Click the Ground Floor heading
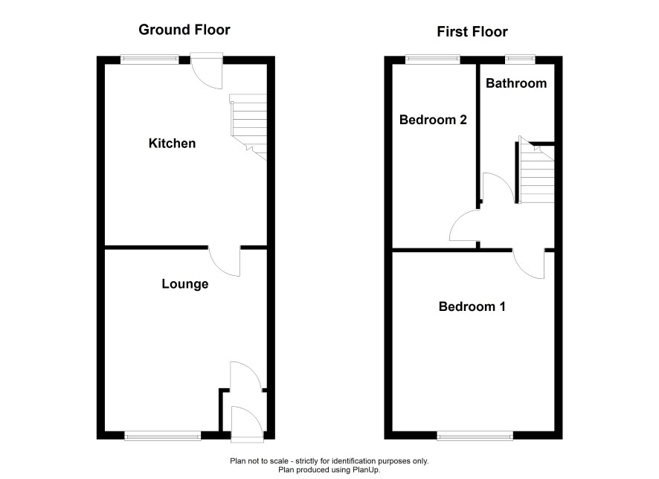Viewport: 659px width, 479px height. tap(184, 30)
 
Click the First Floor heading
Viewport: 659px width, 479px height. tap(472, 31)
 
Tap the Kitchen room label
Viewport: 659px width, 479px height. tap(172, 144)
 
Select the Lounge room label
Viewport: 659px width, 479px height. tap(185, 284)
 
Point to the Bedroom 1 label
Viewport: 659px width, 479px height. tap(472, 306)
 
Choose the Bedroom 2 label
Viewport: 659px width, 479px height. tap(433, 120)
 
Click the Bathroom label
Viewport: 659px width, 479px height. tap(516, 83)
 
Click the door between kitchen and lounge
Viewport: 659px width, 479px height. tap(225, 261)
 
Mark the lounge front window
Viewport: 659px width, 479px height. tap(163, 437)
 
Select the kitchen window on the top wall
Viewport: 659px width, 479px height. tap(150, 60)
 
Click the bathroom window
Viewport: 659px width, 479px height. tap(520, 60)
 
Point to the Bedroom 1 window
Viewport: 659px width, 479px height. tap(475, 437)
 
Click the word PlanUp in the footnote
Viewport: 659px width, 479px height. tap(367, 470)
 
